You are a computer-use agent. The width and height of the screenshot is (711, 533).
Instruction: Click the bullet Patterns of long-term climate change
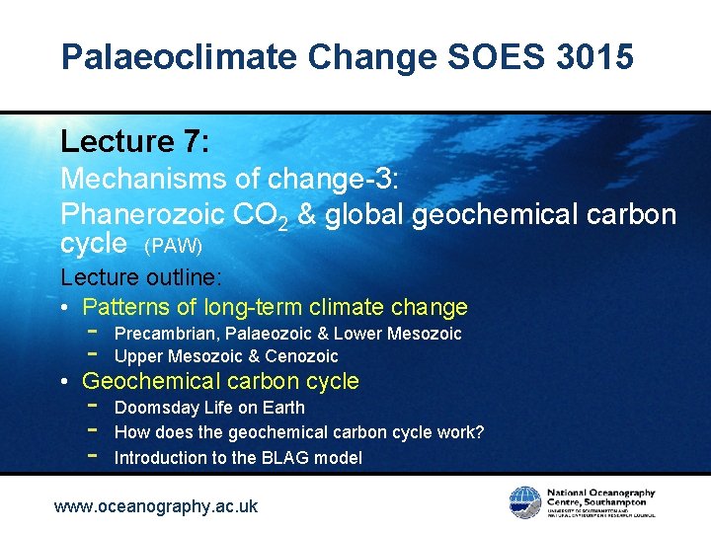(x=275, y=307)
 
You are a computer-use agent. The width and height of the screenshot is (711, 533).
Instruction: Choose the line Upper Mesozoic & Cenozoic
(x=226, y=357)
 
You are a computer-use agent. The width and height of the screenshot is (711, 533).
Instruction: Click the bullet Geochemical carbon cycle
(x=220, y=381)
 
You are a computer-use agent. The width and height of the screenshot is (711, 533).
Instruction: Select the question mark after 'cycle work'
(x=479, y=432)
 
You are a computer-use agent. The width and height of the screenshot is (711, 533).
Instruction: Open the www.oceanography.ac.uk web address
(x=155, y=506)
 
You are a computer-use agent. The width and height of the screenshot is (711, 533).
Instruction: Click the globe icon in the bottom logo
(x=524, y=500)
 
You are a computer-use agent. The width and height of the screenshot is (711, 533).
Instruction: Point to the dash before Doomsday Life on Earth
(x=92, y=406)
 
